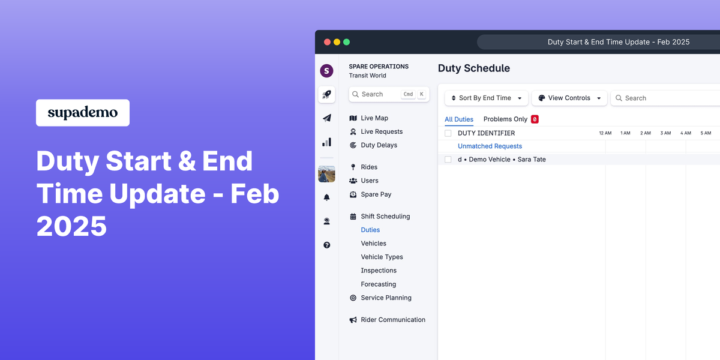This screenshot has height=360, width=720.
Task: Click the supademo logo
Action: pyautogui.click(x=83, y=113)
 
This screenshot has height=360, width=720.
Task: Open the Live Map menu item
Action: pyautogui.click(x=374, y=118)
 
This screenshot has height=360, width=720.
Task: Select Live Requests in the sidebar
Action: pyautogui.click(x=381, y=131)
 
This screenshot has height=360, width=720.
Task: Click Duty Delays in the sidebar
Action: pyautogui.click(x=379, y=145)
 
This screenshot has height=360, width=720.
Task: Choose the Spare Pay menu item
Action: pyautogui.click(x=376, y=194)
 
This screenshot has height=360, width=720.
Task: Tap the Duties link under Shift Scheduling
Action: pyautogui.click(x=370, y=230)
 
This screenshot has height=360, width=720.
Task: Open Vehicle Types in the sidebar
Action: pyautogui.click(x=382, y=257)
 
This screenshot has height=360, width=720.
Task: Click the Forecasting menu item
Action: pyautogui.click(x=378, y=284)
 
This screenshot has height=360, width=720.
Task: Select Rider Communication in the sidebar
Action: pyautogui.click(x=392, y=320)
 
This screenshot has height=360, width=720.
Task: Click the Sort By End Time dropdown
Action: pyautogui.click(x=486, y=98)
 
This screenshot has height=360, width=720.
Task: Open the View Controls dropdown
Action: pyautogui.click(x=569, y=98)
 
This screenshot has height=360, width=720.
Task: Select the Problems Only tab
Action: pyautogui.click(x=505, y=119)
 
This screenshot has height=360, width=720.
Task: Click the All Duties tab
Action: pyautogui.click(x=459, y=119)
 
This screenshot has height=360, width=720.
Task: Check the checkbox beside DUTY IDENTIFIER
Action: pyautogui.click(x=448, y=133)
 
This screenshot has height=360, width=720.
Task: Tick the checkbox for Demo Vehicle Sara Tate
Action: pyautogui.click(x=448, y=160)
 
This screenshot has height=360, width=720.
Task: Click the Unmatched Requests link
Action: pyautogui.click(x=490, y=146)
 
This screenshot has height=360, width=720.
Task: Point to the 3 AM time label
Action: pyautogui.click(x=665, y=133)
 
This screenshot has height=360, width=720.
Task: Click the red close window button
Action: pyautogui.click(x=327, y=42)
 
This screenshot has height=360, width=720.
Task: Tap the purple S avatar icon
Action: pyautogui.click(x=326, y=71)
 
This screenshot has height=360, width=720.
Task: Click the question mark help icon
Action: pyautogui.click(x=326, y=245)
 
